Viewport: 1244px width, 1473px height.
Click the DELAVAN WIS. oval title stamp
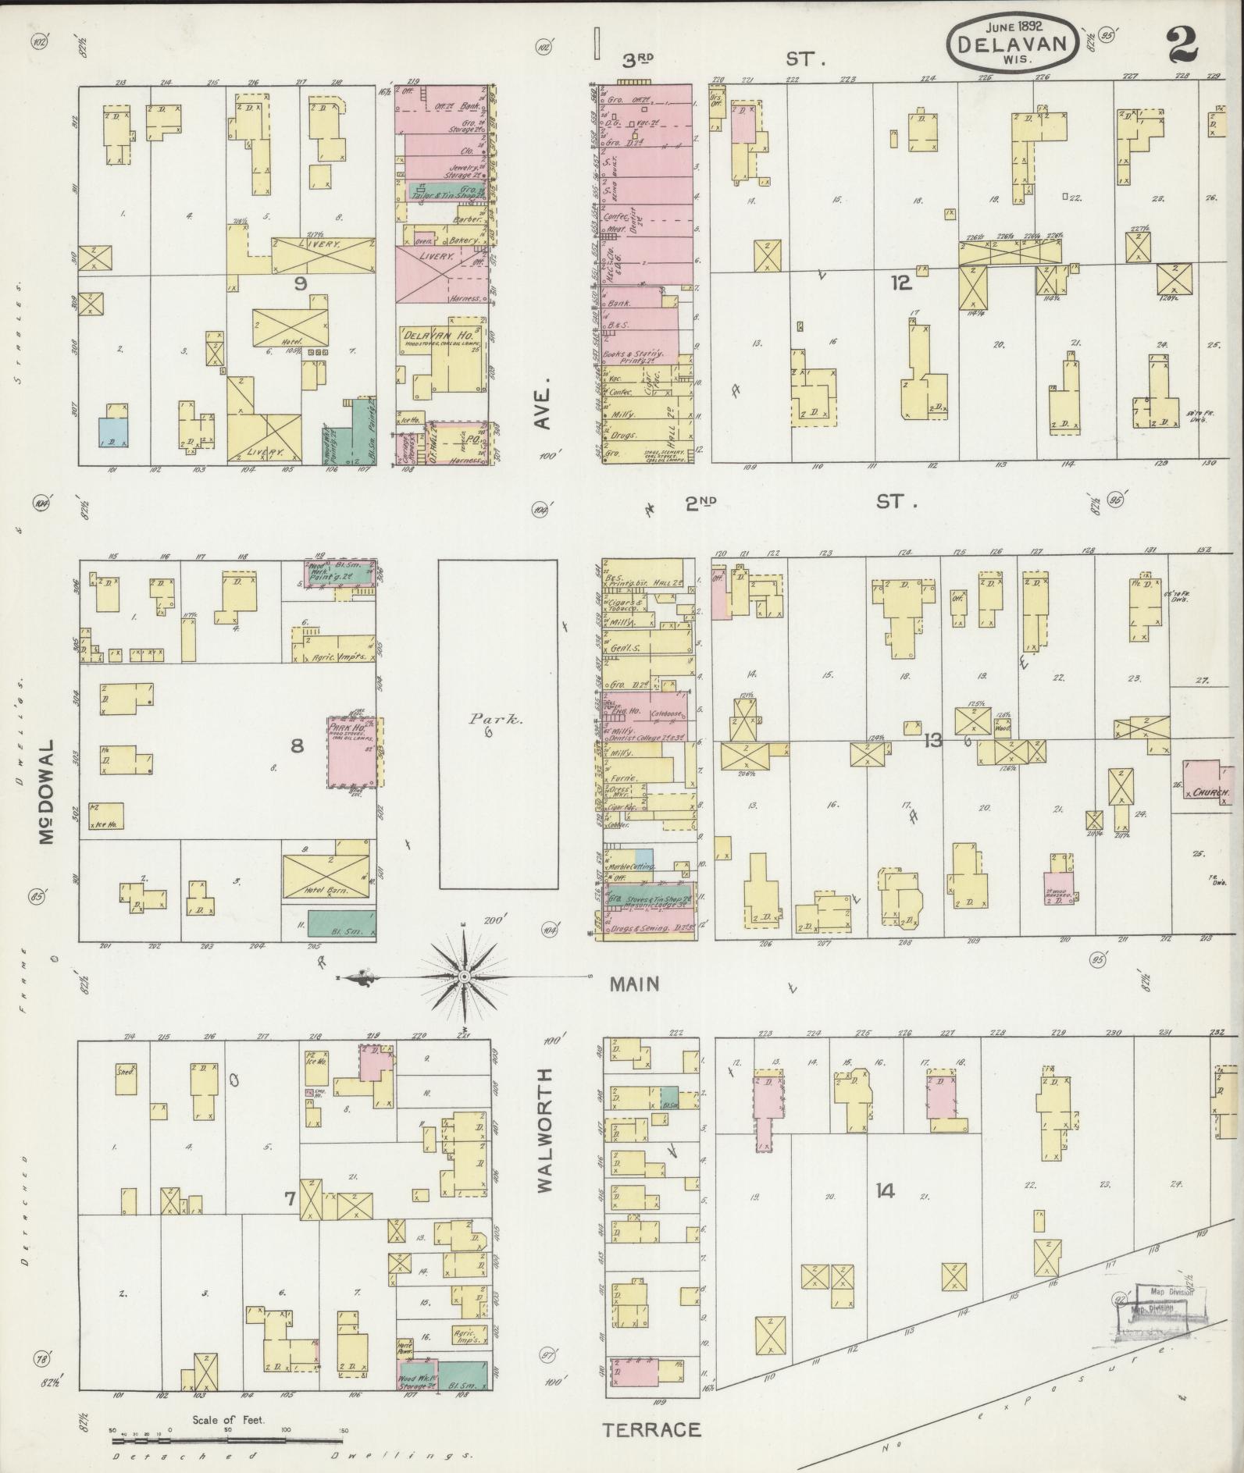(x=1013, y=43)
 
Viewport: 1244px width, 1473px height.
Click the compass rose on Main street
(x=464, y=977)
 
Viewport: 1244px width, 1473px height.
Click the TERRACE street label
(x=651, y=1429)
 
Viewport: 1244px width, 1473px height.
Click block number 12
(x=901, y=283)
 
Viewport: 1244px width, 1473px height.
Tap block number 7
(x=289, y=1198)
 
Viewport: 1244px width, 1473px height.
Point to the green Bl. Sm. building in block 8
(x=343, y=923)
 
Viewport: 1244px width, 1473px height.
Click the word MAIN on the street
(x=634, y=984)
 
